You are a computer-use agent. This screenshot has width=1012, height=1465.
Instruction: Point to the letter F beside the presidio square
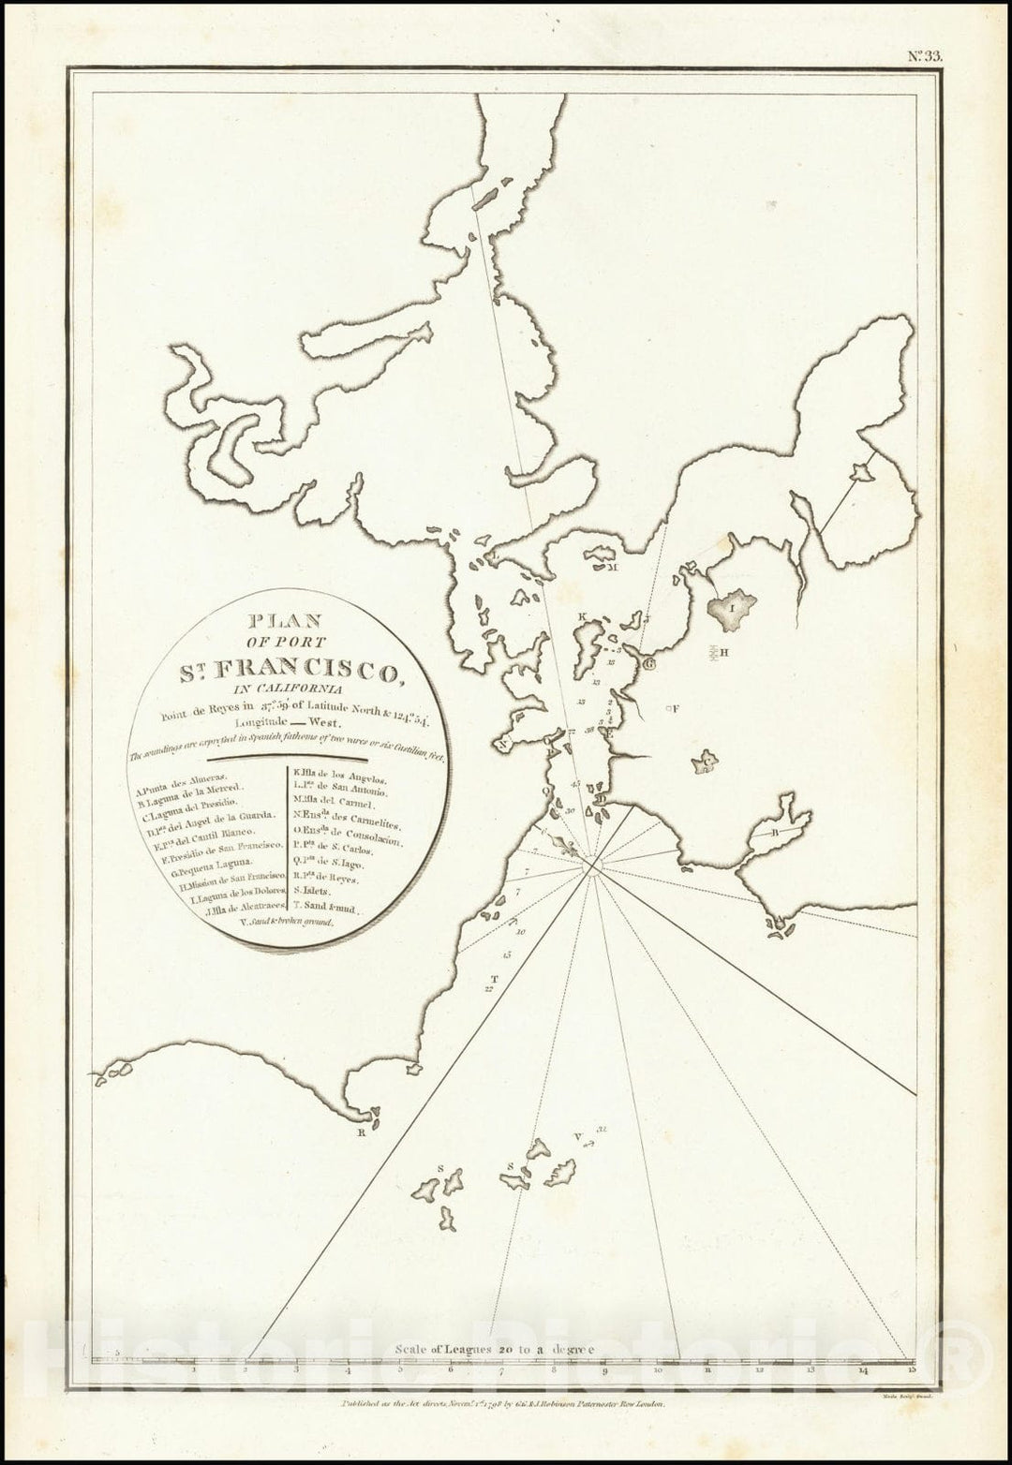pos(675,709)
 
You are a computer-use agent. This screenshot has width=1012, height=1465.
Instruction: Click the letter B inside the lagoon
pos(776,832)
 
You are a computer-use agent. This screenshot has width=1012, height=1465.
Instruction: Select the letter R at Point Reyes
pos(359,1132)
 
